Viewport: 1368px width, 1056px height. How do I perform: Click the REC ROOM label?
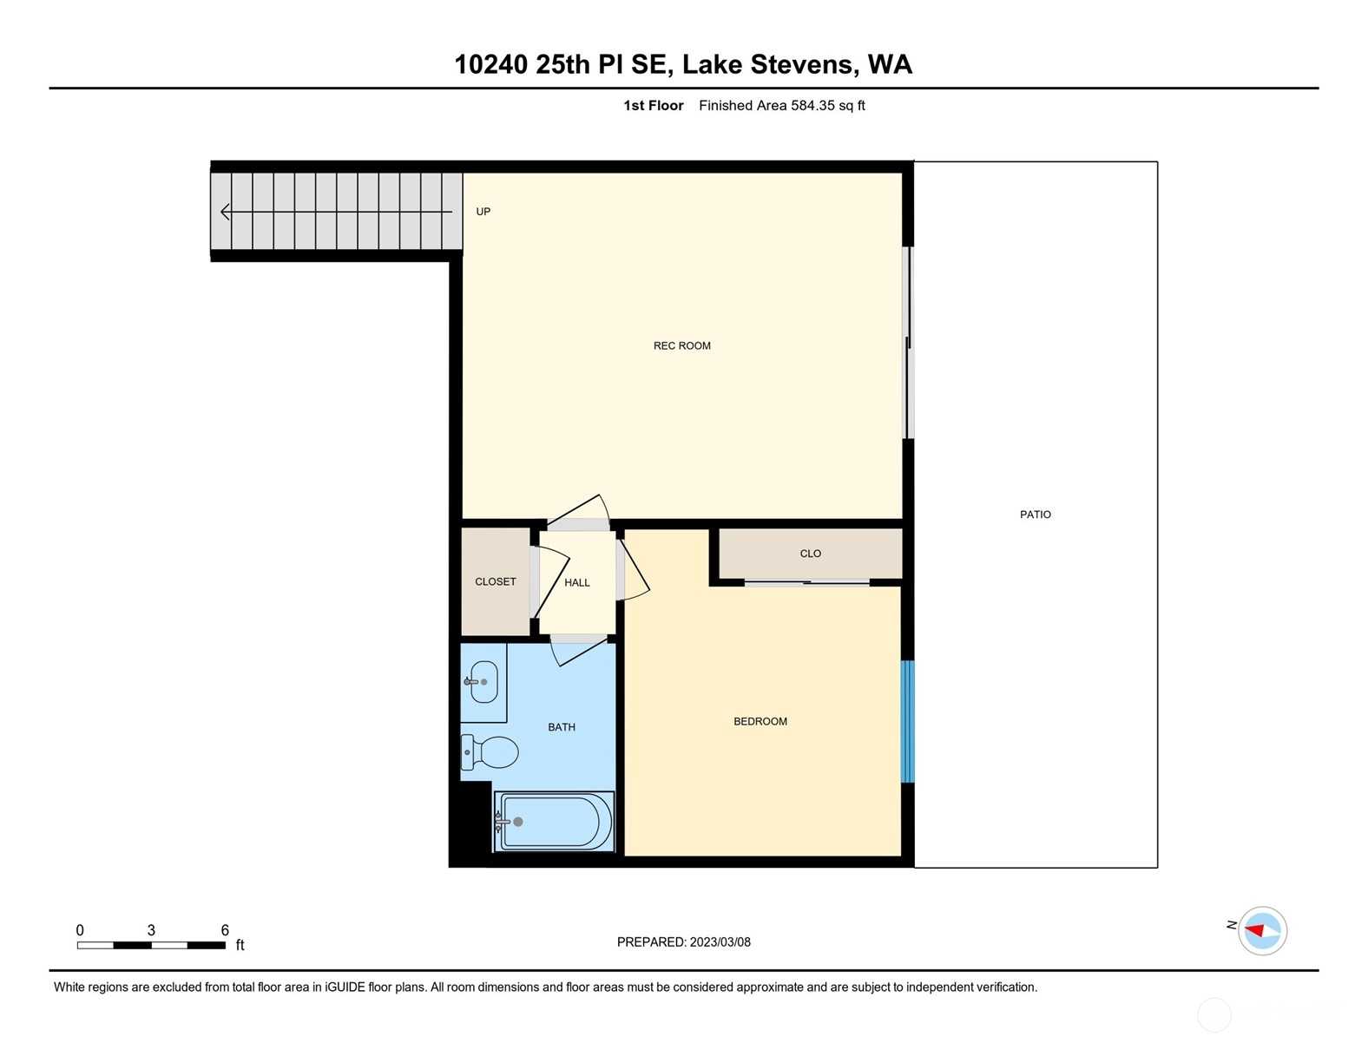click(681, 345)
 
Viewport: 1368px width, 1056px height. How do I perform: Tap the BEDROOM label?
click(760, 721)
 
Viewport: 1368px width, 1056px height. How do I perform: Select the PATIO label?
click(1035, 515)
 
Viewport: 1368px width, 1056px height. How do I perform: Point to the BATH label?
click(561, 727)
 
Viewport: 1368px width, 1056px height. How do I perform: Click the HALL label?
click(576, 583)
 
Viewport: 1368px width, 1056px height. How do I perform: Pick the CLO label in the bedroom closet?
click(810, 554)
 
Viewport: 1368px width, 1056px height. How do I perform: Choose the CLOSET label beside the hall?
click(496, 581)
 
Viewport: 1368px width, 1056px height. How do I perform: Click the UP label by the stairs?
click(483, 212)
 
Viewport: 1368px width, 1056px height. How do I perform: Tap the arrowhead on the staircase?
click(225, 212)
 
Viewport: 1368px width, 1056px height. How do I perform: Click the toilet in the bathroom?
click(490, 752)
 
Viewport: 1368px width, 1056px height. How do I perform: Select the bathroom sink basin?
click(483, 681)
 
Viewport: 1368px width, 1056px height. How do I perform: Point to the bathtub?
click(554, 821)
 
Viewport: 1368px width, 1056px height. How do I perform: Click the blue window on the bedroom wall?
click(907, 721)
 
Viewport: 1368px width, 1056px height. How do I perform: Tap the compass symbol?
click(1262, 931)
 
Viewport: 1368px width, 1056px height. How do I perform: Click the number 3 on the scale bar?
click(151, 930)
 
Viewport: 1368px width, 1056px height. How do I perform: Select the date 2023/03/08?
click(720, 942)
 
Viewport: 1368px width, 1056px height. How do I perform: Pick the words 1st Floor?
click(653, 106)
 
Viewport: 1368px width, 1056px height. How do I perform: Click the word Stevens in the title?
click(801, 64)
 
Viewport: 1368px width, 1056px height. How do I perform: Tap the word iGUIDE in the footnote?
click(345, 987)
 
